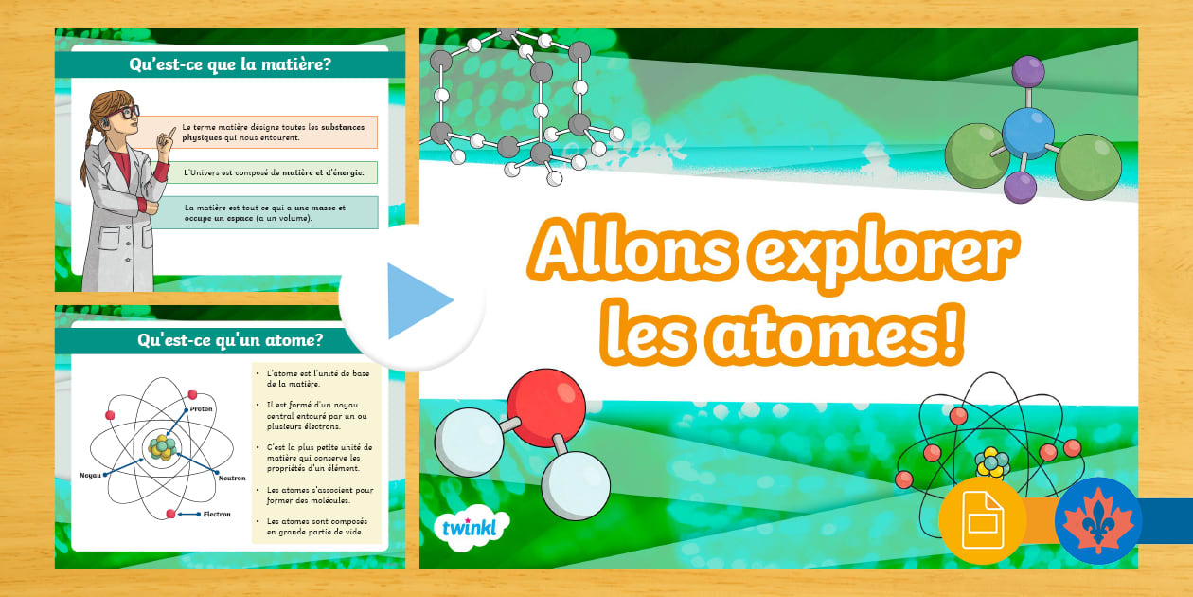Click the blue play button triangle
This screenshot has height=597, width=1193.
[417, 301]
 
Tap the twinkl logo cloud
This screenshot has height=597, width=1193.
[470, 528]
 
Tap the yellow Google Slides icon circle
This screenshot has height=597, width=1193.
[982, 521]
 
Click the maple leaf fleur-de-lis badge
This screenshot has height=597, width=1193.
[1098, 521]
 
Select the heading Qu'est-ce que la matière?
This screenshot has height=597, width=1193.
[229, 64]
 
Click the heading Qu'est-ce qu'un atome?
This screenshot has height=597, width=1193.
[229, 338]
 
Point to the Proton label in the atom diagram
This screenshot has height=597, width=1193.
[202, 408]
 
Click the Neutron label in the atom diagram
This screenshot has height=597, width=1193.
[231, 478]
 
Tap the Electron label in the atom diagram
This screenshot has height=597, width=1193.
[217, 514]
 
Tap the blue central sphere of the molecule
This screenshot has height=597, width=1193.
[1027, 133]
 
